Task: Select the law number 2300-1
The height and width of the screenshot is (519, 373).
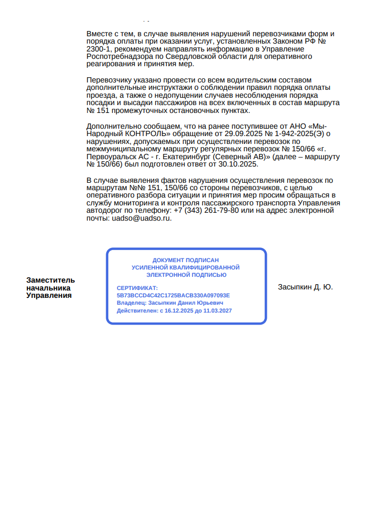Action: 99,49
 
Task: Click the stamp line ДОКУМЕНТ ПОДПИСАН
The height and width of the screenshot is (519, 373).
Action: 185,260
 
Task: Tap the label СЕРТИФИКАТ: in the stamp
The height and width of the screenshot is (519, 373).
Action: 137,288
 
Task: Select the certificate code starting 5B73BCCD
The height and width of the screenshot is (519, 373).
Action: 173,295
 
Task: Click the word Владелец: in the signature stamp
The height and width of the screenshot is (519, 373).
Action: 132,303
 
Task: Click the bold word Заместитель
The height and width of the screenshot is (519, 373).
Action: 51,280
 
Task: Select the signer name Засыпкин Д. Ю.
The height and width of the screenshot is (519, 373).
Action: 305,287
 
